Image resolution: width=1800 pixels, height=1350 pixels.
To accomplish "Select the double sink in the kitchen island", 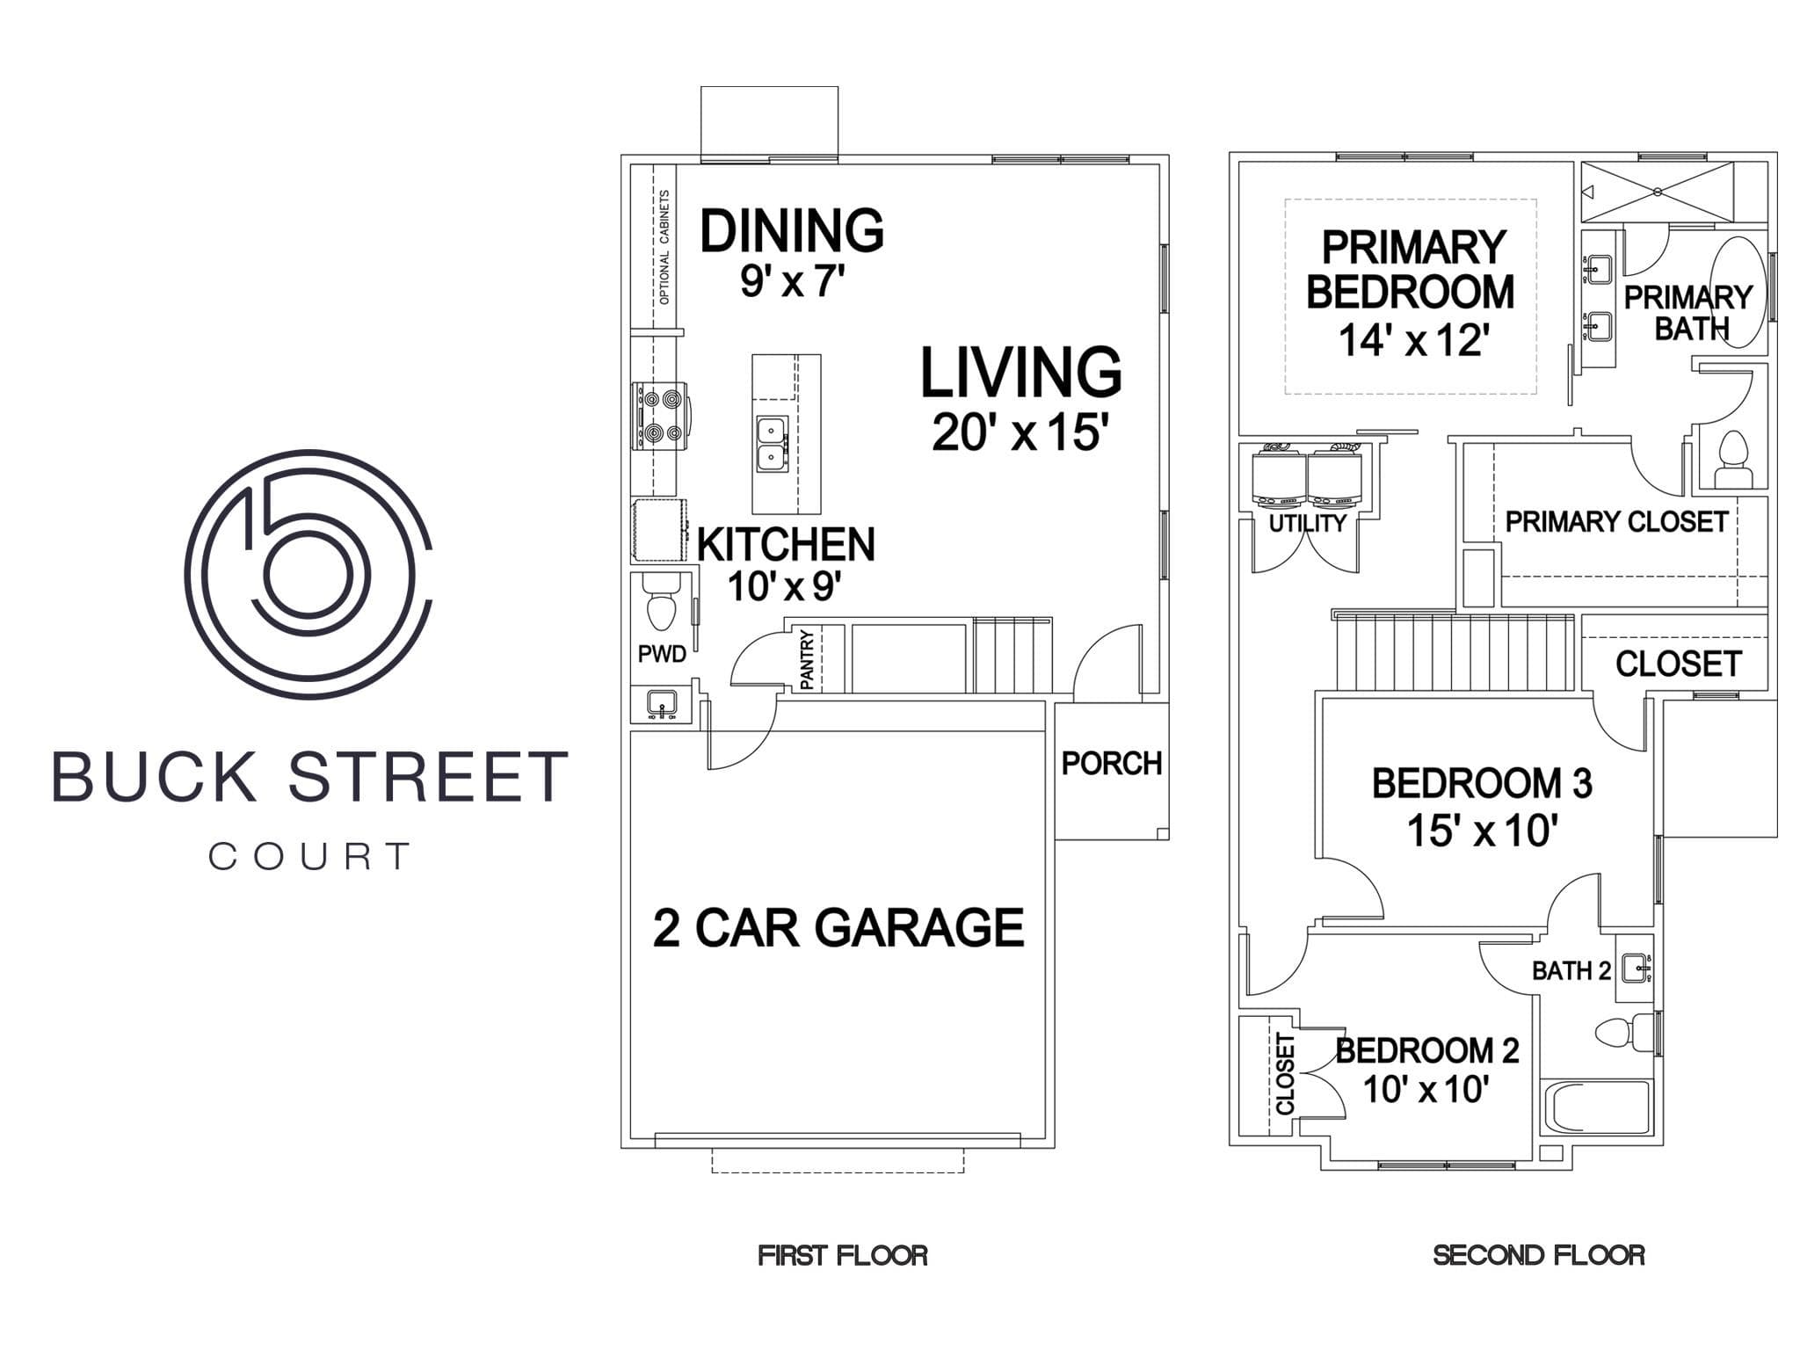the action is click(773, 445).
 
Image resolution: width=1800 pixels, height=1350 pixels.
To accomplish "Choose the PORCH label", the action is click(1112, 764).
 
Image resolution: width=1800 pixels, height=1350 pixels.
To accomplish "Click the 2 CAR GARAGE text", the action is click(838, 928).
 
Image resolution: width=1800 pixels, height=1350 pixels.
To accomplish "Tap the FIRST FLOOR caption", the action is click(843, 1255).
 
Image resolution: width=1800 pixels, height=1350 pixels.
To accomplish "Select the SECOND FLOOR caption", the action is click(1539, 1255).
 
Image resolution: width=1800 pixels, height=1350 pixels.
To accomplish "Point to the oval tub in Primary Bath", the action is click(1738, 294).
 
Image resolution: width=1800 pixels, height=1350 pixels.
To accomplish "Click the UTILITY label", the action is click(1308, 523).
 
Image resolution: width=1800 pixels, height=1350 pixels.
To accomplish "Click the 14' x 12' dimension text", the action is click(1412, 340).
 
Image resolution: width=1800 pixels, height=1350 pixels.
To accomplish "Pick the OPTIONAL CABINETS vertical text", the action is click(664, 248).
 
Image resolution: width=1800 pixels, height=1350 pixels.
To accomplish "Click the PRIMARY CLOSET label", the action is click(1617, 522).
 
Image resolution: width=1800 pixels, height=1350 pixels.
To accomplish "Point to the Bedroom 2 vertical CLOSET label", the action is click(1286, 1074).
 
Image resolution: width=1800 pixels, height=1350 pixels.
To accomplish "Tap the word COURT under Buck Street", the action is click(309, 856).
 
